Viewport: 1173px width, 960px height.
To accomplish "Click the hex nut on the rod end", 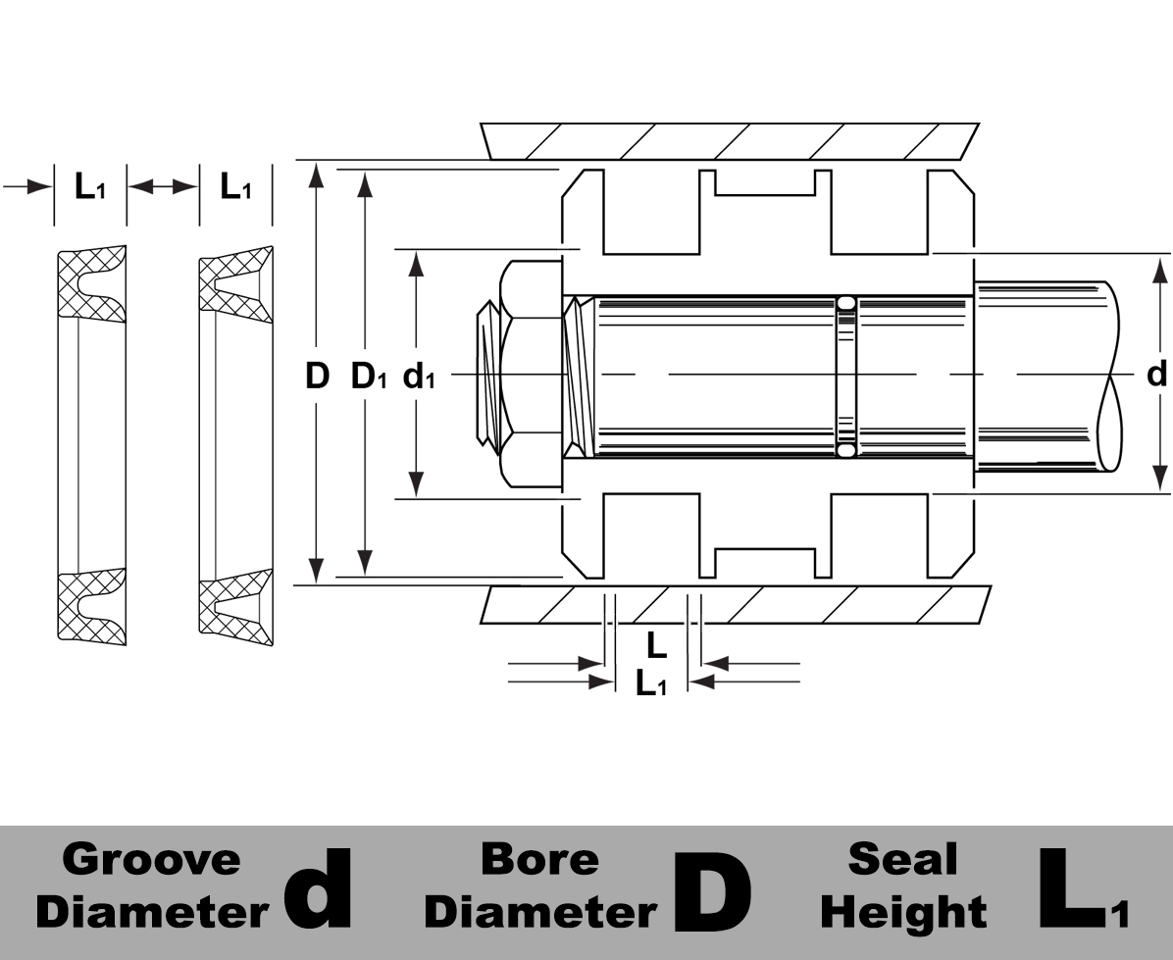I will (530, 375).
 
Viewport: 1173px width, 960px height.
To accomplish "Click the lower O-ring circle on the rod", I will (845, 450).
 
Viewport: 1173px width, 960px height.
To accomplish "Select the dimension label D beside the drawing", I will (316, 376).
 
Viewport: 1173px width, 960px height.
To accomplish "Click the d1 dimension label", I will (419, 377).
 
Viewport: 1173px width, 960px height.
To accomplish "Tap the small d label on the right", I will (1157, 374).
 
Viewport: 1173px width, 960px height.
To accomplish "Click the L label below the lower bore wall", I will (656, 644).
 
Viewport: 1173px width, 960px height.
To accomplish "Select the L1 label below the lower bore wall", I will (650, 683).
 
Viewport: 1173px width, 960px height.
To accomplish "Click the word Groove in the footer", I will (151, 859).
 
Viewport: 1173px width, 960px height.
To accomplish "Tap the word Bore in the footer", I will (539, 859).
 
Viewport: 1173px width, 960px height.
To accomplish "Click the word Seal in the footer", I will (902, 859).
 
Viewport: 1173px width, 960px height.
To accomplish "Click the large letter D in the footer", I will (713, 890).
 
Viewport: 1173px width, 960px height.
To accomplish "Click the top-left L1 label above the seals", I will (89, 186).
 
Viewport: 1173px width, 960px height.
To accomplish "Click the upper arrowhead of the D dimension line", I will (316, 175).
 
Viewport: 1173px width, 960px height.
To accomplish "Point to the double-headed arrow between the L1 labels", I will (163, 186).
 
